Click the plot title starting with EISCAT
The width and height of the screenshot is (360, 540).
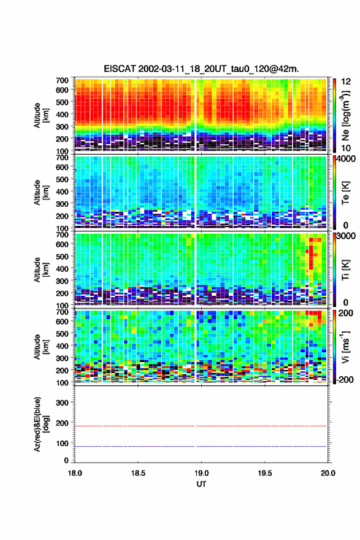tap(201, 69)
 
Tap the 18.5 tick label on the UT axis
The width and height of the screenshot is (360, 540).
tap(138, 473)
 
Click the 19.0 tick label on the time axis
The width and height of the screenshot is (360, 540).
tap(201, 473)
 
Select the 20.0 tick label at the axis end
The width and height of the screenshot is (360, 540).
tap(328, 473)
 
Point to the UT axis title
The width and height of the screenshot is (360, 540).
tap(201, 484)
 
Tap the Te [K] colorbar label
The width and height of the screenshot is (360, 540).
tap(345, 193)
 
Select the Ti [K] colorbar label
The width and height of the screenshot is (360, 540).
tap(345, 271)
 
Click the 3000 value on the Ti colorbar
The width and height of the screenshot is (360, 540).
tap(347, 236)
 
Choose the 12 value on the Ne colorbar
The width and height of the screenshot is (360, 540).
tap(347, 82)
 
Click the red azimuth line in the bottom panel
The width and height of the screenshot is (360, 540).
tap(201, 426)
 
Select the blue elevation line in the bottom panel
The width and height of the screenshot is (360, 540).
tap(201, 446)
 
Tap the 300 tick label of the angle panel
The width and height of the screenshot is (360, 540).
tap(62, 403)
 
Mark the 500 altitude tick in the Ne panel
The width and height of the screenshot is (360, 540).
tap(62, 102)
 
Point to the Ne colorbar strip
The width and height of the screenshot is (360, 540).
tap(334, 115)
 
